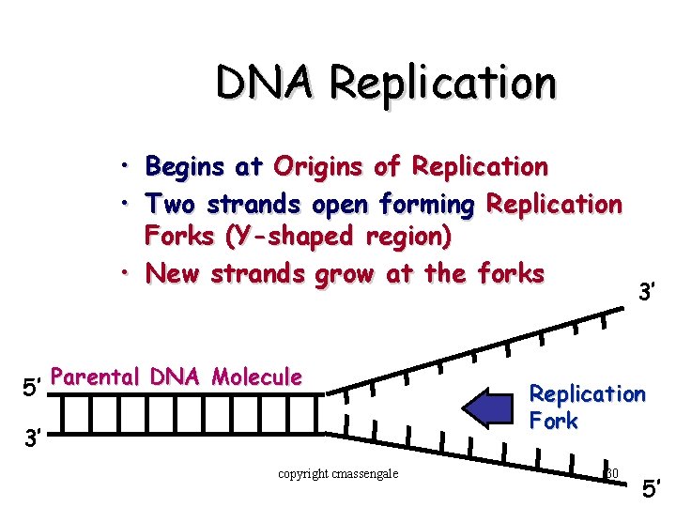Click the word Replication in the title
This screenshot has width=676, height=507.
pos(442,82)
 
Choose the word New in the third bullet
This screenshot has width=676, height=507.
pos(171,273)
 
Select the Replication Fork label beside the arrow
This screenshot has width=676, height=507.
pos(587,407)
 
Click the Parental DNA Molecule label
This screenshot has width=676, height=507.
pos(177,377)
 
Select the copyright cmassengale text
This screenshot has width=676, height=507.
pos(338,473)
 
